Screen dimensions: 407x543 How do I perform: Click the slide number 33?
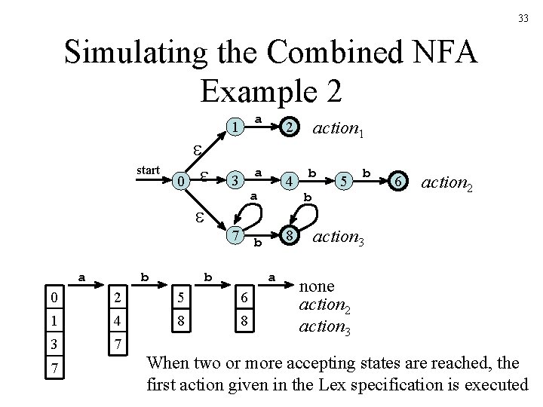tap(523, 18)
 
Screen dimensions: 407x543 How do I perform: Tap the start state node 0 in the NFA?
tap(178, 182)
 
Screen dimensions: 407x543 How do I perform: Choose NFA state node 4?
tap(288, 182)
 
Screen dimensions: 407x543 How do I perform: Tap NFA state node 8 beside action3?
tap(288, 235)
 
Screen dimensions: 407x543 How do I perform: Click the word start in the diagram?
tap(147, 170)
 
